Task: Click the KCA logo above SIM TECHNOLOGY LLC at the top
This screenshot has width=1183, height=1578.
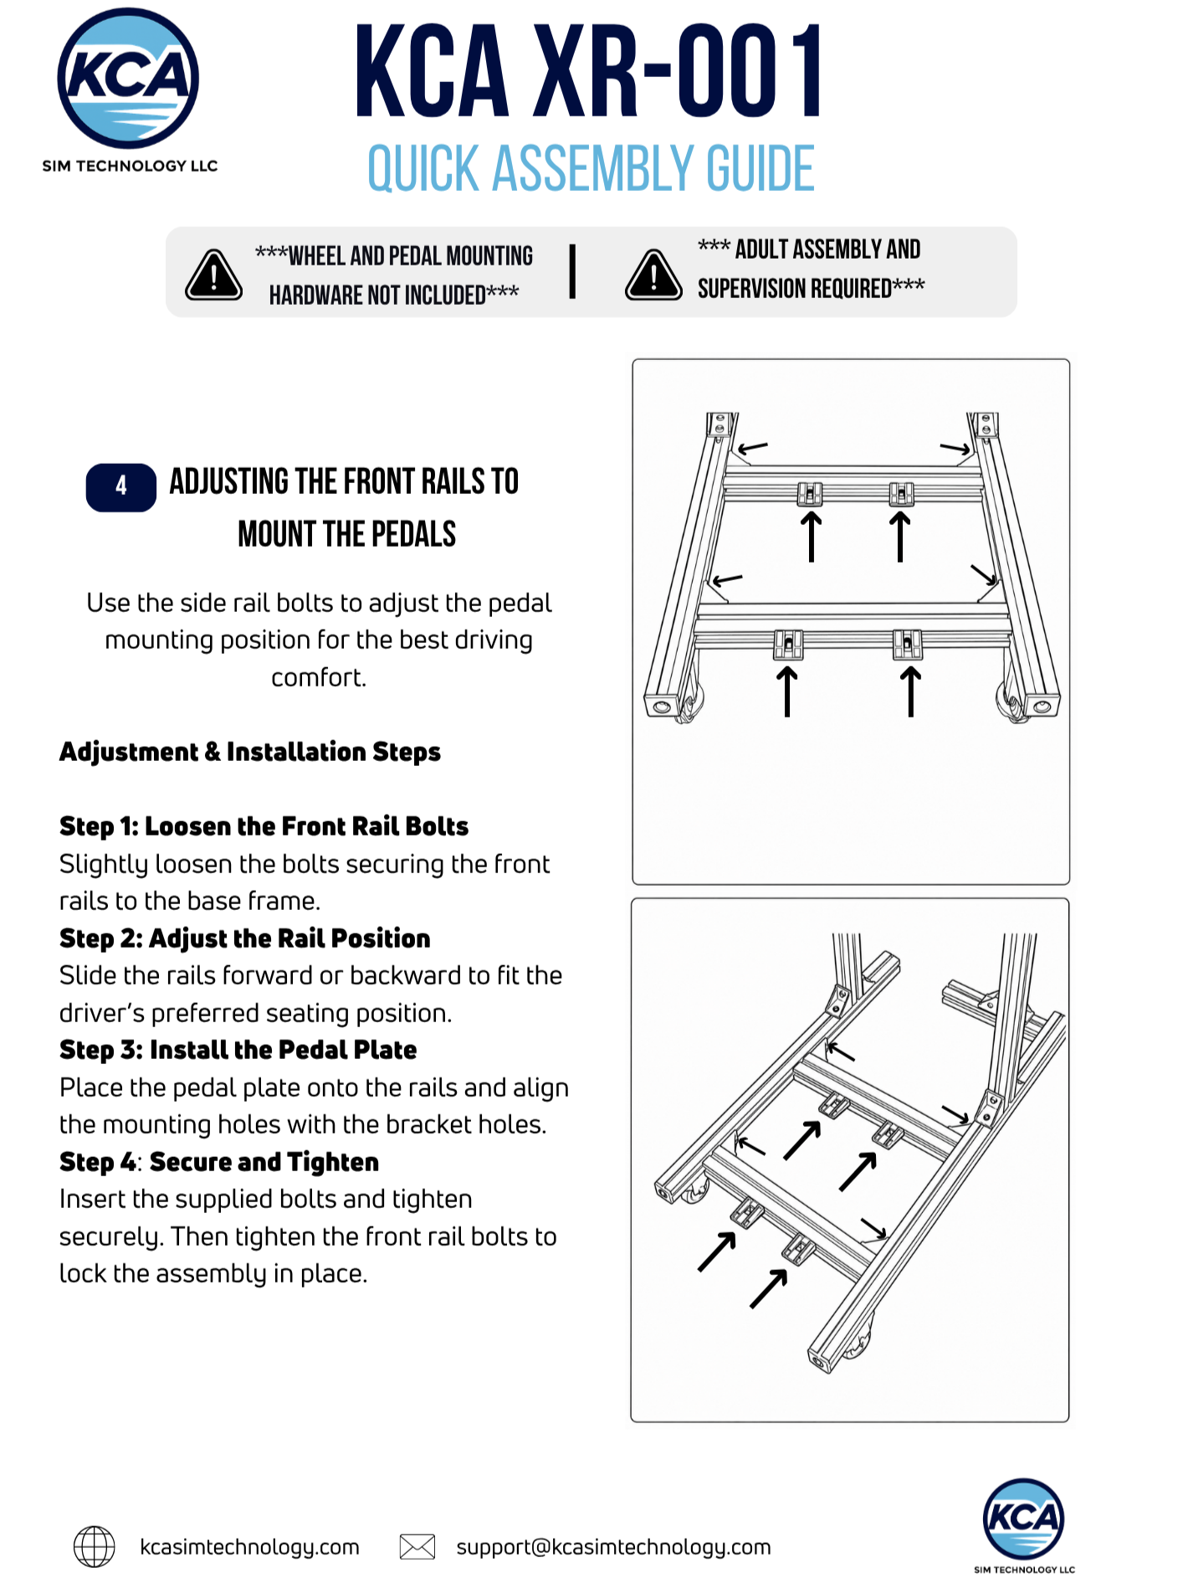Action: tap(128, 78)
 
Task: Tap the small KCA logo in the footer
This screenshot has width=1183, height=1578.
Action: tap(1023, 1519)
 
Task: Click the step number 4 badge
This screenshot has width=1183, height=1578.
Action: tap(121, 486)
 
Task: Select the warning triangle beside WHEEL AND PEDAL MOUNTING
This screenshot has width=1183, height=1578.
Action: tap(214, 275)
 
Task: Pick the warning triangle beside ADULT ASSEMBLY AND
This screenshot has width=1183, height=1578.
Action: tap(653, 275)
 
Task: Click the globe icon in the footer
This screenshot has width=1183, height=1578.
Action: tap(95, 1546)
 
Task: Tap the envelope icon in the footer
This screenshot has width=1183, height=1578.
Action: tap(417, 1546)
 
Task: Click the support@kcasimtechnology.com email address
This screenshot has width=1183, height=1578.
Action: tap(613, 1547)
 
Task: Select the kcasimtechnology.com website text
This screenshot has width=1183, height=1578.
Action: tap(249, 1547)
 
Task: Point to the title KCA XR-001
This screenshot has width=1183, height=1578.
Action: tap(590, 72)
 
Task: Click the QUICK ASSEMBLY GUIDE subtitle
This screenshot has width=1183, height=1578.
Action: tap(591, 168)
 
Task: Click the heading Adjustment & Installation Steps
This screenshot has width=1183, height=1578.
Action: tap(250, 752)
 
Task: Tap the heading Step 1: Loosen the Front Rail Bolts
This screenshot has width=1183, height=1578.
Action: tap(264, 826)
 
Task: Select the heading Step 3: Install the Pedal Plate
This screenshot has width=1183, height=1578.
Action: tap(238, 1050)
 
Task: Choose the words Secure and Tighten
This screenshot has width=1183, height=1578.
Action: tap(264, 1162)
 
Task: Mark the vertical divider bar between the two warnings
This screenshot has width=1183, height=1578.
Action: tap(572, 271)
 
